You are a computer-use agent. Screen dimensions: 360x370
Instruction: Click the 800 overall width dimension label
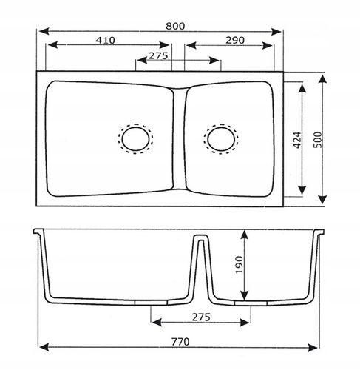coord(175,26)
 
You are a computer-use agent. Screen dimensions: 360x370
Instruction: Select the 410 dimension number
coord(105,40)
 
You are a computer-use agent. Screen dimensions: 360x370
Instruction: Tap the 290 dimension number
coord(235,40)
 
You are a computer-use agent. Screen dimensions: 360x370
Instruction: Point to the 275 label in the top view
coord(158,55)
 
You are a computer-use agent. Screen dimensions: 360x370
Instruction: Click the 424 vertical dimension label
coord(297,140)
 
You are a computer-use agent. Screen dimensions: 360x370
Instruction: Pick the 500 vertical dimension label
coord(318,140)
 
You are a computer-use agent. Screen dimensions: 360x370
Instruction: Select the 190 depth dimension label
coord(239,265)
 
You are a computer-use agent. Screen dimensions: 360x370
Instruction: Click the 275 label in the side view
coord(201,317)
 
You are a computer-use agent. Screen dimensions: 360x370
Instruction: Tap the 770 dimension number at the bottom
coord(180,342)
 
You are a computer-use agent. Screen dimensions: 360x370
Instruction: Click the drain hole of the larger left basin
coord(135,138)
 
